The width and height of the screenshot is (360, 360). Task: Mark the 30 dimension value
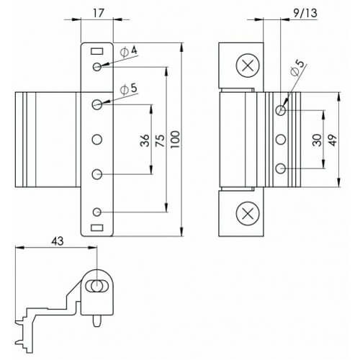tap(318, 140)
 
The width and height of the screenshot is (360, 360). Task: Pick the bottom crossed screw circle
tap(247, 214)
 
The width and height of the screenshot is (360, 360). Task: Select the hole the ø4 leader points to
tap(97, 68)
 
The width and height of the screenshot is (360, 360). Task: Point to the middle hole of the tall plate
tap(97, 139)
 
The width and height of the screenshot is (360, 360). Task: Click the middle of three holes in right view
tap(281, 139)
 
